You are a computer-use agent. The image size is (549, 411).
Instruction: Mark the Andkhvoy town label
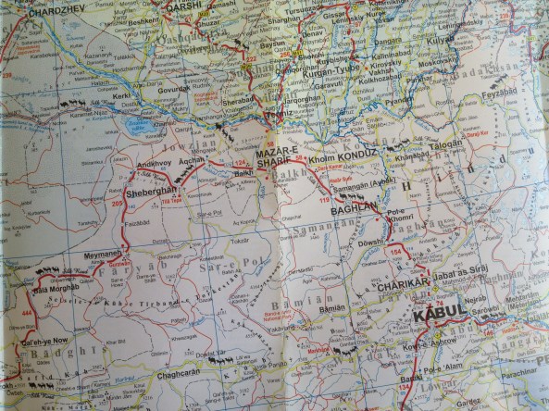(154, 165)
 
